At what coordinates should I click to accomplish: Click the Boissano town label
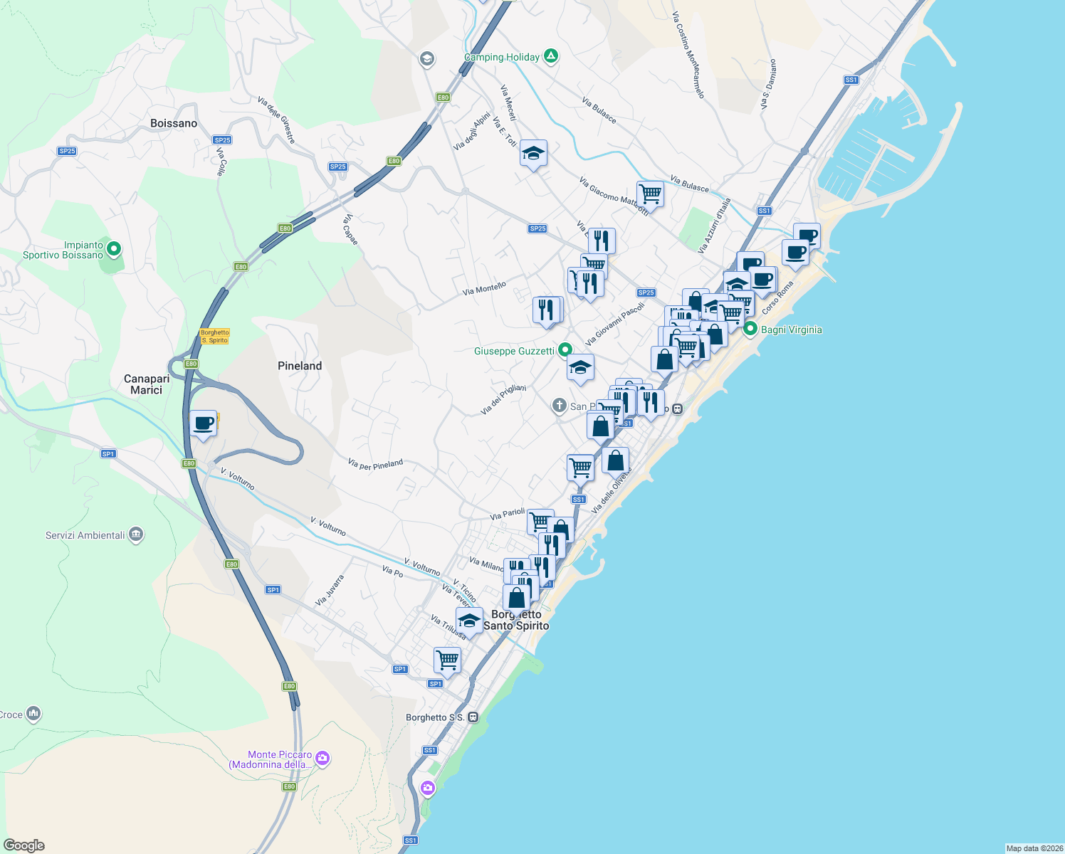coord(174,123)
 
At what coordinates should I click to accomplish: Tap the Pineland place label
coord(300,366)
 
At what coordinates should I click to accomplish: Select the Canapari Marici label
coord(146,384)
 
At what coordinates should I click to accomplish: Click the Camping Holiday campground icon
coord(551,56)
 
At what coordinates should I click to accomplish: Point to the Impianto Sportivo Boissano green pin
coord(113,250)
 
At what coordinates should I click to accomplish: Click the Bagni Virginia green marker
coord(750,330)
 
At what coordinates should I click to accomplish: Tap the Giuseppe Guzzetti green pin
coord(565,350)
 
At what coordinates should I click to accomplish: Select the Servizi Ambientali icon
coord(136,535)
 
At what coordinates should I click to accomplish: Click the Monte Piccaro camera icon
coord(322,759)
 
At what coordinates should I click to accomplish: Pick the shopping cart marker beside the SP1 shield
coord(447,660)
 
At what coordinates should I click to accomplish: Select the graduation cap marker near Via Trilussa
coord(469,620)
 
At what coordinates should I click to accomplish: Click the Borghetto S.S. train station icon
coord(473,717)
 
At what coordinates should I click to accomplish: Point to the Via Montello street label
coord(484,288)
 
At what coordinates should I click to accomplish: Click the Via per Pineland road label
coord(375,464)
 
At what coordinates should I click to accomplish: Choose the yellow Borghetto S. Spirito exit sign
coord(214,336)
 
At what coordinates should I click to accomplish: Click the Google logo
coord(24,845)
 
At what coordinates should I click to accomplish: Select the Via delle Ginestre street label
coord(276,120)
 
